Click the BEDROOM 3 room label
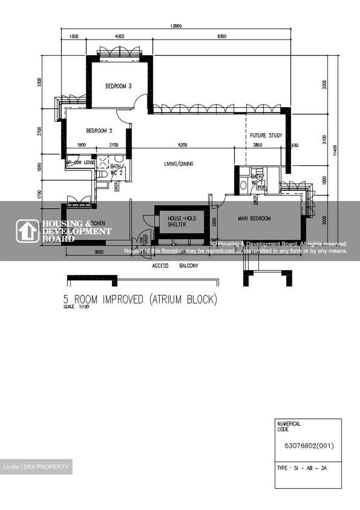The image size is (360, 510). [x=118, y=86]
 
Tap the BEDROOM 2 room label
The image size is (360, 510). [x=99, y=131]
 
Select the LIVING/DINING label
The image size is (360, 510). [x=178, y=164]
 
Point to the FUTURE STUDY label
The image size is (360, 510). [x=266, y=135]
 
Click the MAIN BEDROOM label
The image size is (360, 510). [x=254, y=219]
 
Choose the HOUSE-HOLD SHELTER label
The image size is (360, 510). [x=182, y=221]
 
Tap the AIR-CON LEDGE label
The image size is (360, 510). [x=80, y=163]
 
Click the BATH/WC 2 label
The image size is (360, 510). [x=116, y=169]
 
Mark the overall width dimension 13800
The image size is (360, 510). [x=176, y=26]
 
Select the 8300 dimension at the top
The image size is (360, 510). [x=222, y=36]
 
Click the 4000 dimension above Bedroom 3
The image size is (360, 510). [x=120, y=36]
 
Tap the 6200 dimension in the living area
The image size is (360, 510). [x=183, y=145]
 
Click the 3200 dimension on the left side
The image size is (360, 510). [x=40, y=82]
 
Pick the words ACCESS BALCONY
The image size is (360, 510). [x=175, y=266]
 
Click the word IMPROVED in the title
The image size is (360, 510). [x=123, y=300]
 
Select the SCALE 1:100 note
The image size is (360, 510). [x=76, y=307]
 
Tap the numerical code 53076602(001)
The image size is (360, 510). [x=309, y=446]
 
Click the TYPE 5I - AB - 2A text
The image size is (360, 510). [x=302, y=468]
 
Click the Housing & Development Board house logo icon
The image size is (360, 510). [x=27, y=231]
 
